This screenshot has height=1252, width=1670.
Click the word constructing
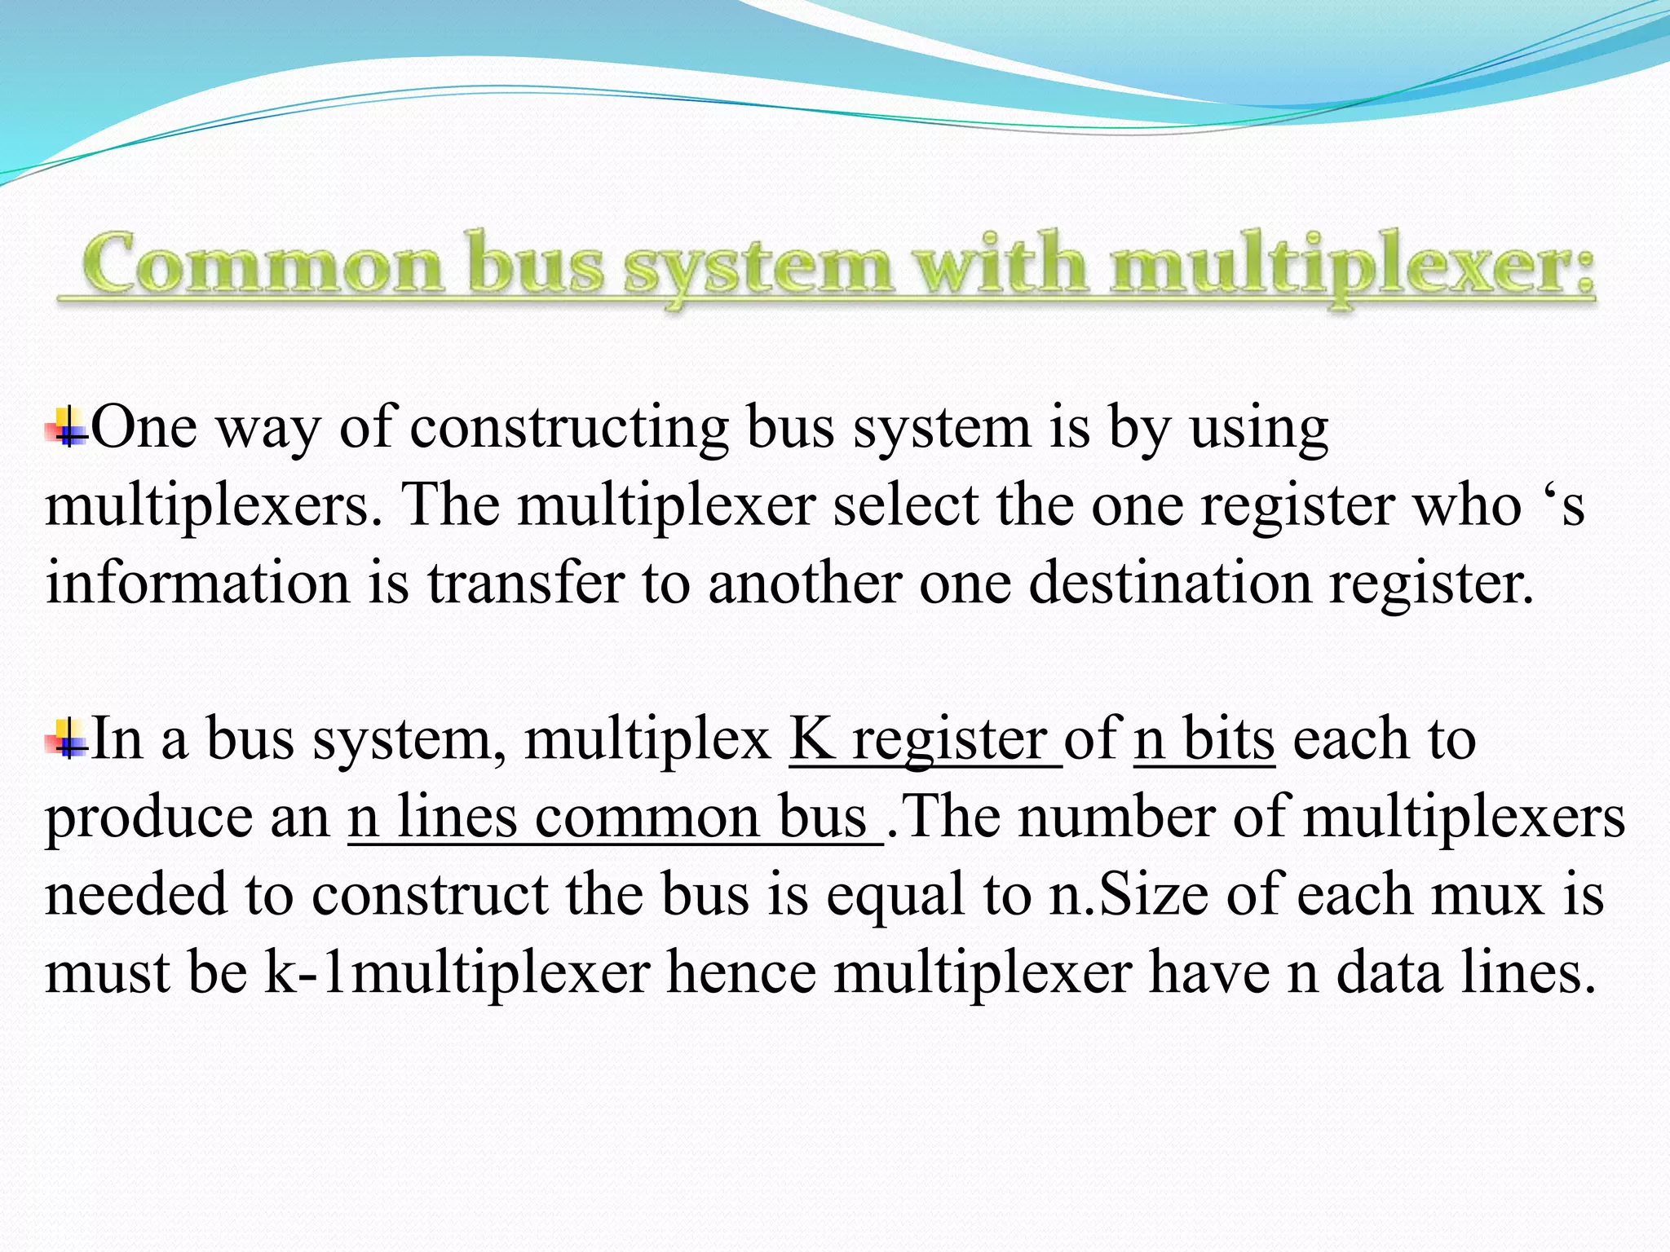(x=568, y=428)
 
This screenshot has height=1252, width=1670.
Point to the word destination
(x=1170, y=583)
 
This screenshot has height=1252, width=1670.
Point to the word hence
(x=741, y=972)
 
